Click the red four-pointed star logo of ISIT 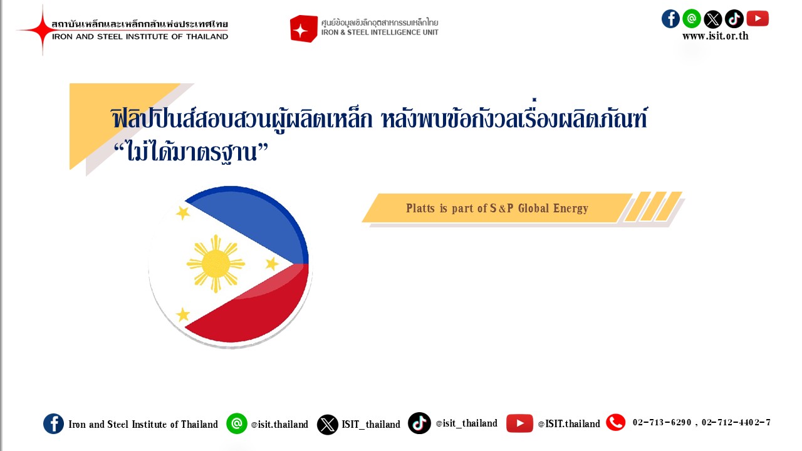click(x=42, y=30)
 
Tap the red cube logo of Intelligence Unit click(x=304, y=29)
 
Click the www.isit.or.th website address click(x=716, y=36)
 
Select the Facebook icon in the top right click(x=670, y=19)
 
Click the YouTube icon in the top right click(x=758, y=19)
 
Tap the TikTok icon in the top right click(x=734, y=19)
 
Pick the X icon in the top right click(x=713, y=19)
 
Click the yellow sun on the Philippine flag click(x=216, y=264)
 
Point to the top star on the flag click(x=183, y=212)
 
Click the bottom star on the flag click(x=183, y=314)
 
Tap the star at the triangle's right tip click(x=272, y=264)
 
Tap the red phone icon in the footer click(x=616, y=422)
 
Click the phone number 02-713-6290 click(x=662, y=422)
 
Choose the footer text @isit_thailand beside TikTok click(x=467, y=423)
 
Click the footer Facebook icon click(x=54, y=424)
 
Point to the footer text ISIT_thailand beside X click(x=371, y=425)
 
